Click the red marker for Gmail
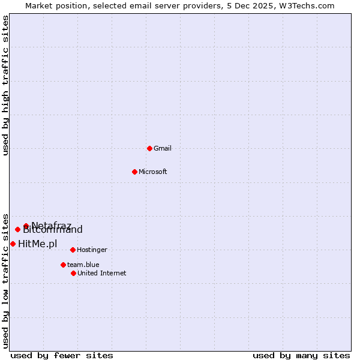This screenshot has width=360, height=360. point(149,148)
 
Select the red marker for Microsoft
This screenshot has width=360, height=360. point(134,172)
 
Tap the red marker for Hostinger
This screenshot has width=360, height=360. point(73,250)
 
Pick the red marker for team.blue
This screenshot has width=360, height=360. point(63,265)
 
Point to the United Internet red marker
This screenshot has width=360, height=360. point(73,273)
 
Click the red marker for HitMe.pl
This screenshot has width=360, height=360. point(13,244)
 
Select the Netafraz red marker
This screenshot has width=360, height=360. point(26,226)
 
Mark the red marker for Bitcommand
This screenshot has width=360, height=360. point(17,229)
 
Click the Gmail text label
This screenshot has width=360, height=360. point(163,148)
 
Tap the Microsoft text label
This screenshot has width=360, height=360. point(153,172)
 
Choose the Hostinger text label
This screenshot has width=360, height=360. point(92,250)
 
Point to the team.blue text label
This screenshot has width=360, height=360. point(83,265)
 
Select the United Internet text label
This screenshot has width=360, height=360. point(102,273)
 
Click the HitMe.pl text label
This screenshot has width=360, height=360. point(38,244)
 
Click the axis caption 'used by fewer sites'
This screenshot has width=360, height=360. point(62,355)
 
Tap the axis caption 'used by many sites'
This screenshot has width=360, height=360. point(301,355)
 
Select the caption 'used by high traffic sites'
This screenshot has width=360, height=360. point(5,85)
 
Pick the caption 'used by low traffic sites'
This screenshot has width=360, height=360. point(5,280)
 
